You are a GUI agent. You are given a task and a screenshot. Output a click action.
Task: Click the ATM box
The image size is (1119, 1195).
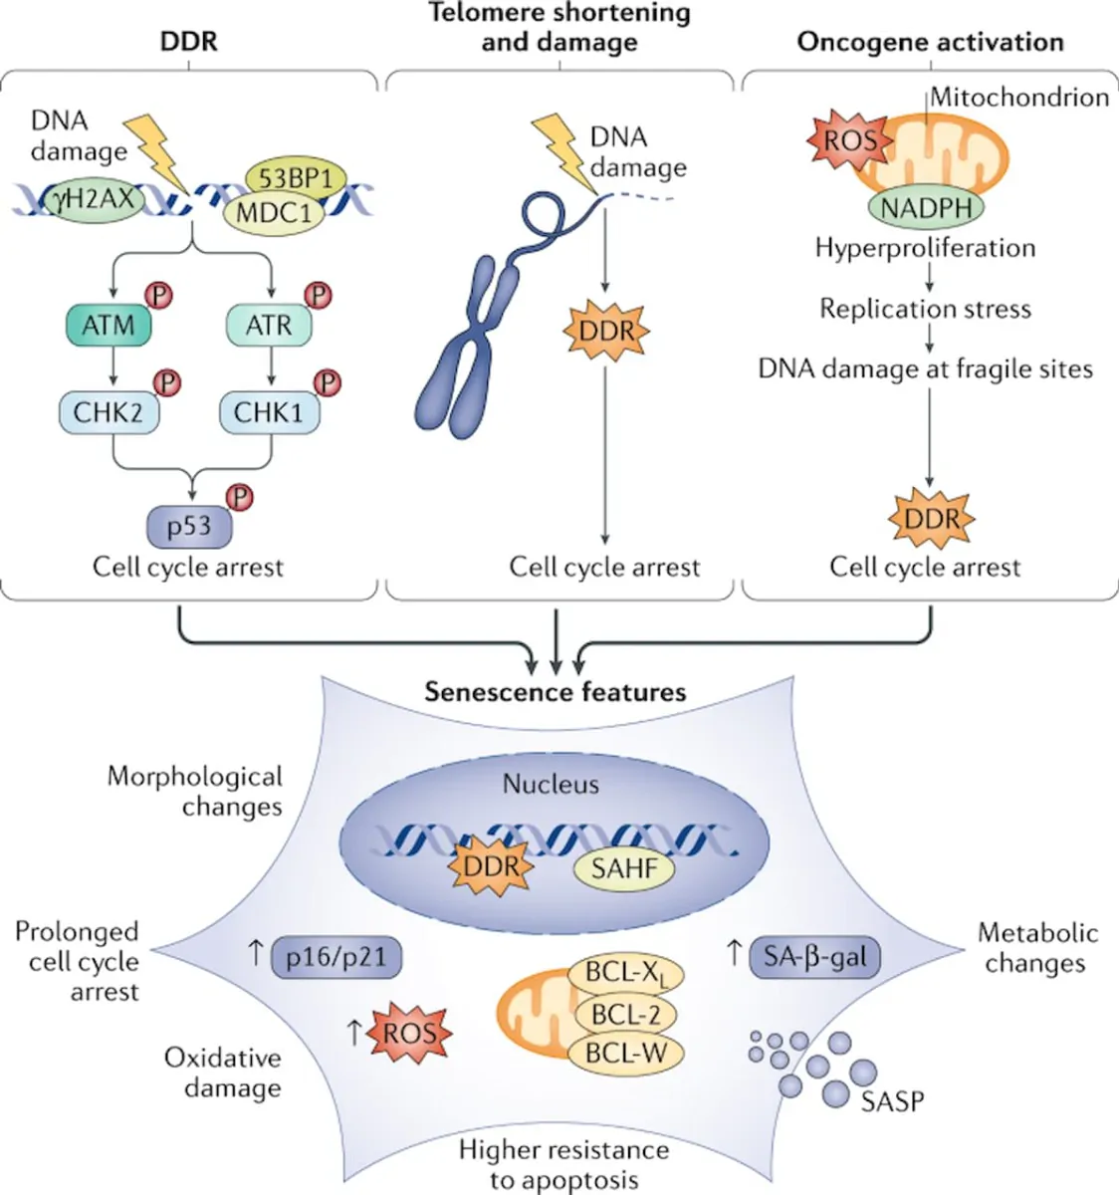click(x=108, y=326)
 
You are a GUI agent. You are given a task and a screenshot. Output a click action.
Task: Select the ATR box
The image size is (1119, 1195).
click(x=268, y=326)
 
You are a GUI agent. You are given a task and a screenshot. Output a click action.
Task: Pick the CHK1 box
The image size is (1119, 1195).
click(x=268, y=411)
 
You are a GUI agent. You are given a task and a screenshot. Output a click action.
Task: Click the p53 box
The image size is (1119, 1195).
click(x=188, y=526)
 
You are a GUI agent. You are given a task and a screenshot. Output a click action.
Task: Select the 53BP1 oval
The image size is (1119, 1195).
click(x=295, y=179)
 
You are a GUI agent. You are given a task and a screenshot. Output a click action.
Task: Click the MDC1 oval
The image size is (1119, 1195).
click(x=275, y=213)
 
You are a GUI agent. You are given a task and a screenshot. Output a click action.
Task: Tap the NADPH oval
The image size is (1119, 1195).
click(x=926, y=207)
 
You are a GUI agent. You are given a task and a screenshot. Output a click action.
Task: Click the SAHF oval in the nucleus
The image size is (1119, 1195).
click(x=623, y=868)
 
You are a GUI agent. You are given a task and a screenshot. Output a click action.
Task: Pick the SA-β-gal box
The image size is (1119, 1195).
click(x=814, y=958)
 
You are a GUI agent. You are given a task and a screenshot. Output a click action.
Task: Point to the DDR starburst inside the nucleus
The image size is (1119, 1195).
click(x=492, y=864)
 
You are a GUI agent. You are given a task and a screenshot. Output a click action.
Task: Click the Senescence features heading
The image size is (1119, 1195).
click(x=556, y=691)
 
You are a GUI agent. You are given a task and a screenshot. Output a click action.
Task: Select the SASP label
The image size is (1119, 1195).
click(x=892, y=1101)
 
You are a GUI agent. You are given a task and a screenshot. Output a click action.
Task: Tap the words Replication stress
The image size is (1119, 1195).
click(x=925, y=309)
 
